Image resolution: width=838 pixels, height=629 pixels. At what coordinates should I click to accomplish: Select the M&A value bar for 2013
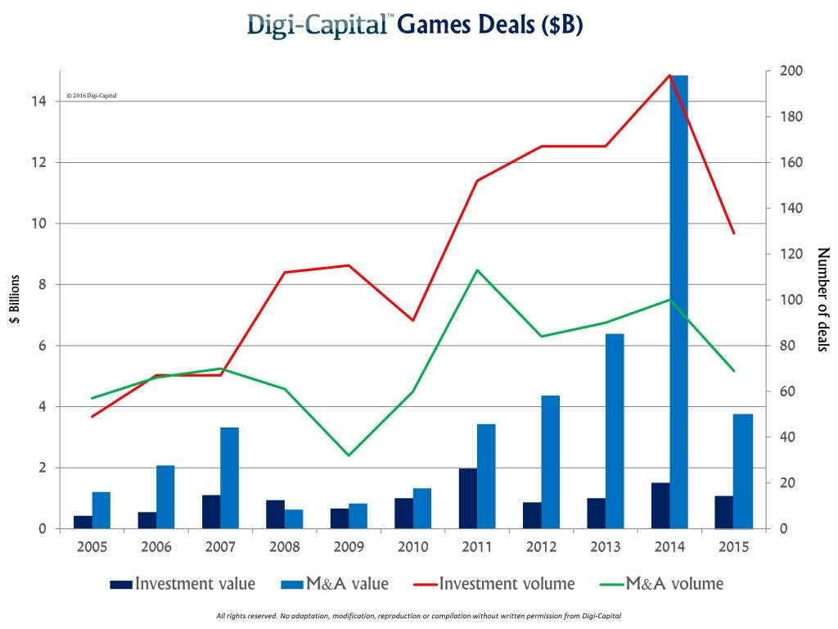coord(615,431)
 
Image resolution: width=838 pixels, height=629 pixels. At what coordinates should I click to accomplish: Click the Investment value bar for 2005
coord(83,522)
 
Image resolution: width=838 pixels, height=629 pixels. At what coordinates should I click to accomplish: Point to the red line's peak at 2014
coord(669,75)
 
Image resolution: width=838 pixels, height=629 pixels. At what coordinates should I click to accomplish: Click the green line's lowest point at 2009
coord(349,455)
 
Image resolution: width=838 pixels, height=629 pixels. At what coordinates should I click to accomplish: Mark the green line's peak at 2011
coord(477,270)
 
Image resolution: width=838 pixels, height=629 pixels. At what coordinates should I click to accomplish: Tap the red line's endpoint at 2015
coord(734,233)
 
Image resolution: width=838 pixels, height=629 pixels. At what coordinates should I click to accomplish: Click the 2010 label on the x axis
coord(412,546)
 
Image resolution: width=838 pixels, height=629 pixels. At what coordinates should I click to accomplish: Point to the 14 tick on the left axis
coord(38,101)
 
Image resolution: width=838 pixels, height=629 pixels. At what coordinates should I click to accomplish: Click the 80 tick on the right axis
coord(785,346)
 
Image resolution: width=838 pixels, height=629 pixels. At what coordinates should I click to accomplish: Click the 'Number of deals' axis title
coord(822,300)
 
